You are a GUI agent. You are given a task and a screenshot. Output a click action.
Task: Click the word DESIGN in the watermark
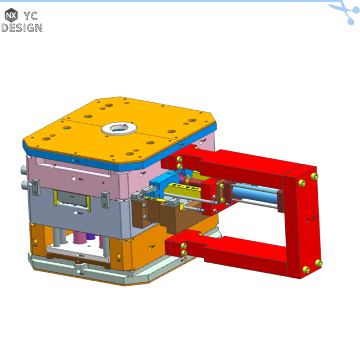coord(21,28)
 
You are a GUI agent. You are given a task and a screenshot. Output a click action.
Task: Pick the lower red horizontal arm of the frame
coord(236,250)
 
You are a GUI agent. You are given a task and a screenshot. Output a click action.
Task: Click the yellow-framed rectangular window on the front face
coord(71,198)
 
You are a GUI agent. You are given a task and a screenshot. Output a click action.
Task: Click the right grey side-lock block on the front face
coord(105,200)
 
